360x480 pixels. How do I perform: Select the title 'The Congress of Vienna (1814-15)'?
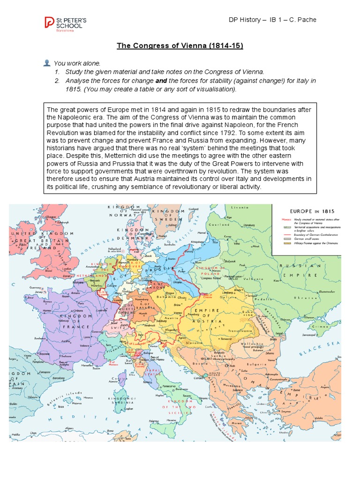tap(180, 46)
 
